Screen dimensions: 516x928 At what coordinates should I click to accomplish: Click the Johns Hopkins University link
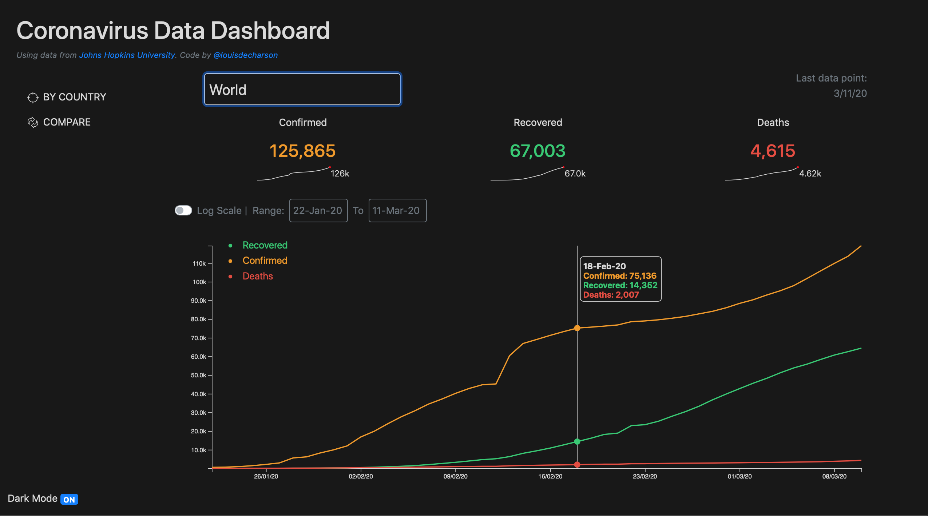pyautogui.click(x=127, y=55)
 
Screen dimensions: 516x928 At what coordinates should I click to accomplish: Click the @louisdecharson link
pyautogui.click(x=245, y=55)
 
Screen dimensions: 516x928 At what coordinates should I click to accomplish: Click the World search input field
pyautogui.click(x=302, y=90)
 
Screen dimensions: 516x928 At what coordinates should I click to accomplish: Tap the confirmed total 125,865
pyautogui.click(x=302, y=151)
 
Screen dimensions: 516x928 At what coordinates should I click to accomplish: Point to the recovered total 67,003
pyautogui.click(x=538, y=151)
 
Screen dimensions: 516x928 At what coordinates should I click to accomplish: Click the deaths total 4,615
pyautogui.click(x=773, y=151)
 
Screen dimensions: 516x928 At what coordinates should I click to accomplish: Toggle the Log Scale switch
pyautogui.click(x=183, y=210)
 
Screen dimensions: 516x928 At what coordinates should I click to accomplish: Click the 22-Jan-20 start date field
pyautogui.click(x=318, y=210)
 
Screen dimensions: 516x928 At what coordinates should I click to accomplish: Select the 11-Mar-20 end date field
pyautogui.click(x=397, y=210)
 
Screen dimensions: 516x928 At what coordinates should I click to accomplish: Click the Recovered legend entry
pyautogui.click(x=265, y=245)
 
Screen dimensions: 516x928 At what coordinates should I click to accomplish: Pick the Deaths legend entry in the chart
pyautogui.click(x=257, y=276)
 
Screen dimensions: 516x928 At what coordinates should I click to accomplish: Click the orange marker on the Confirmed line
pyautogui.click(x=577, y=328)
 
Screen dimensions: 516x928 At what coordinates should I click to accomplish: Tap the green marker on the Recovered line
pyautogui.click(x=577, y=441)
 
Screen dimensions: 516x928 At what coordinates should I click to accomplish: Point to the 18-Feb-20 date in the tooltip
pyautogui.click(x=604, y=266)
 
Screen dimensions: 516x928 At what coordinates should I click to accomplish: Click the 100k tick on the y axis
pyautogui.click(x=199, y=282)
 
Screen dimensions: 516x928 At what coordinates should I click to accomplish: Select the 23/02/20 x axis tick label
pyautogui.click(x=645, y=476)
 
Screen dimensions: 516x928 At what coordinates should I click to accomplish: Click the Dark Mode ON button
pyautogui.click(x=69, y=499)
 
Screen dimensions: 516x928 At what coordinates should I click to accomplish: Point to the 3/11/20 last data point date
pyautogui.click(x=850, y=94)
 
